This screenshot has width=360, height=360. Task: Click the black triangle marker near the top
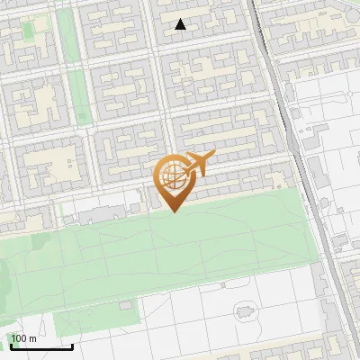tap(180, 25)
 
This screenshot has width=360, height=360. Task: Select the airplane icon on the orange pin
tap(196, 165)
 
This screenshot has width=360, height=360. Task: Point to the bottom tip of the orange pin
tap(173, 211)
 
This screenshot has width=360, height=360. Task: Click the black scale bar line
tap(40, 346)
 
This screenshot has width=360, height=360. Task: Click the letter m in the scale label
tap(33, 338)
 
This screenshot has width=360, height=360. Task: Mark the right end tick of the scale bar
tap(72, 345)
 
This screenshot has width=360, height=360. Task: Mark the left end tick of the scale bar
tap(9, 345)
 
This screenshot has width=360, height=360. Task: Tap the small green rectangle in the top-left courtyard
tap(28, 30)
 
